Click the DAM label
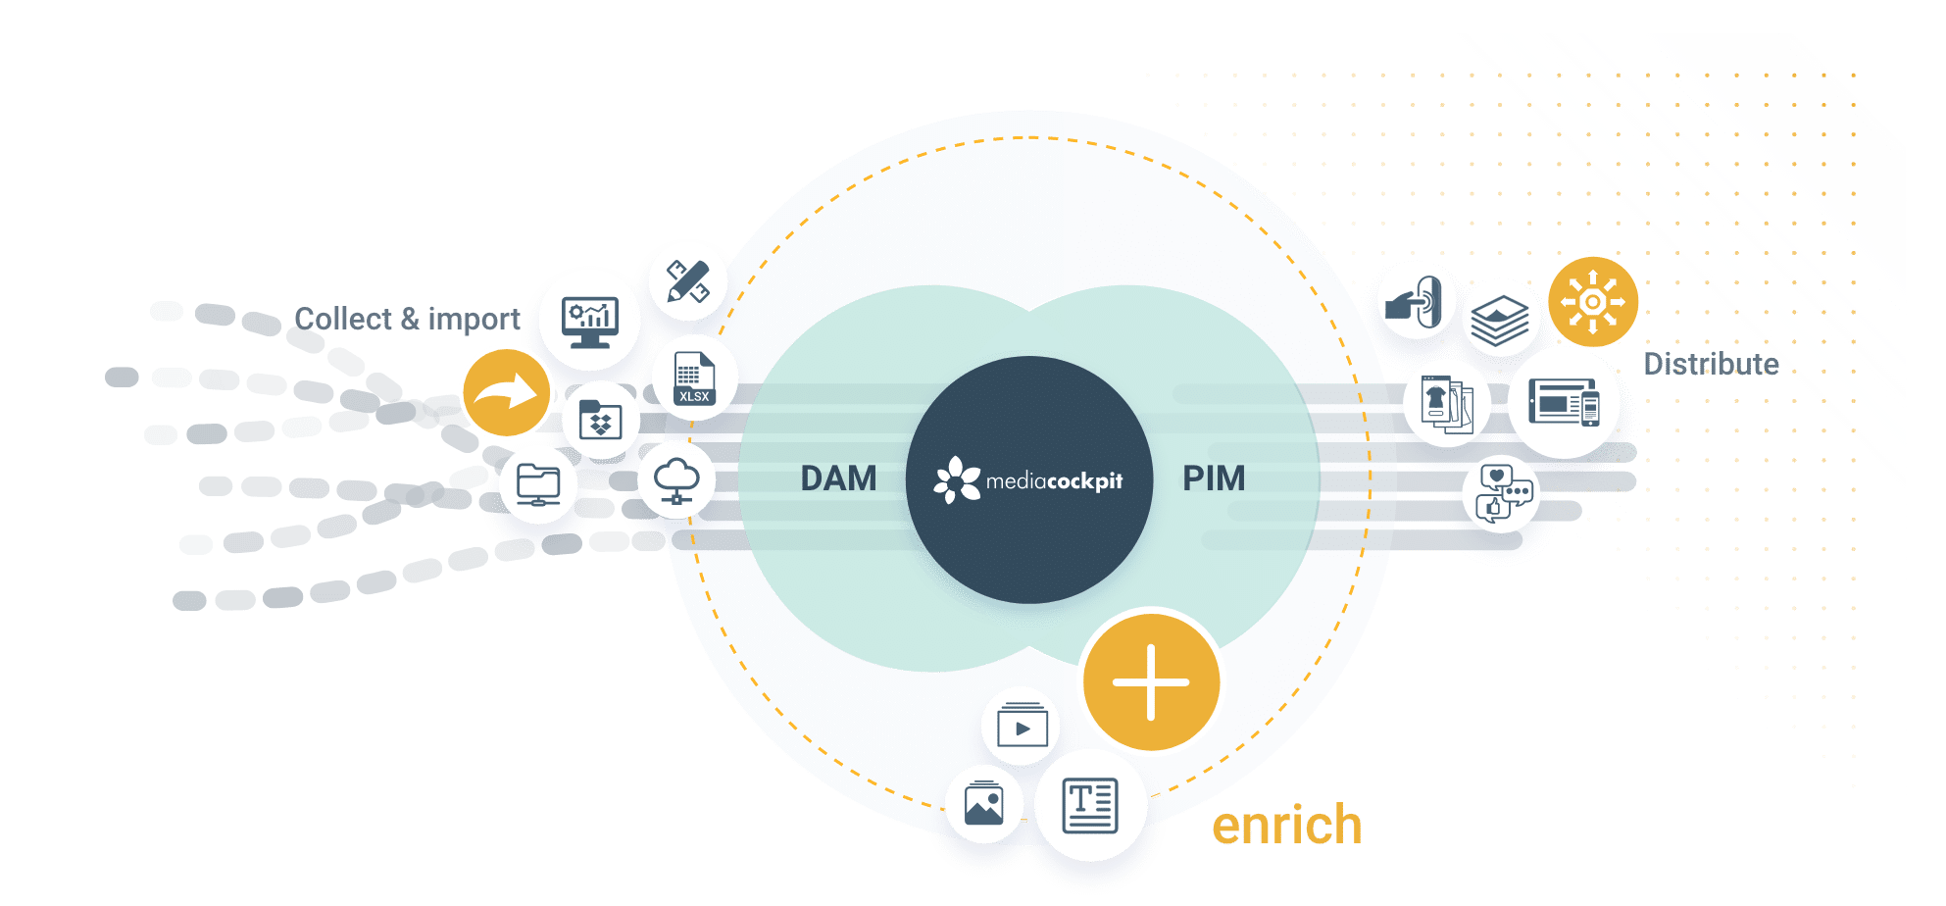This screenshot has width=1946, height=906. [838, 478]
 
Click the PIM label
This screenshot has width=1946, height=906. [1214, 478]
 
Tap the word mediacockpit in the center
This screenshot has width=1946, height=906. [1054, 481]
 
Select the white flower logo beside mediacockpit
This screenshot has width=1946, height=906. [957, 479]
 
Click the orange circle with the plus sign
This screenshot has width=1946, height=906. [1151, 682]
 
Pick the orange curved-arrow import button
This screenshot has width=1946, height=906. [506, 393]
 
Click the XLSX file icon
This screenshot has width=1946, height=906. [694, 378]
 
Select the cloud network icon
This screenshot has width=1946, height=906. [676, 480]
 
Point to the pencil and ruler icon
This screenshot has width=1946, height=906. [688, 281]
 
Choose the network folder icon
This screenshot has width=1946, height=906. [538, 484]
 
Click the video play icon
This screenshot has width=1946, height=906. [1022, 726]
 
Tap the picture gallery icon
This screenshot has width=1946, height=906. [983, 804]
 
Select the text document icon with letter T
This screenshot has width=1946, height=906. [1090, 805]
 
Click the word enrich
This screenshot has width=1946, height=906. [1286, 826]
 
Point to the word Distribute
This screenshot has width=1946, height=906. [1711, 364]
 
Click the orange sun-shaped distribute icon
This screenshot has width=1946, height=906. [1593, 302]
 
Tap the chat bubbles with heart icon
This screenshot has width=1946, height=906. [1503, 493]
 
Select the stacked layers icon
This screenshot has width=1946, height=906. [1499, 321]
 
